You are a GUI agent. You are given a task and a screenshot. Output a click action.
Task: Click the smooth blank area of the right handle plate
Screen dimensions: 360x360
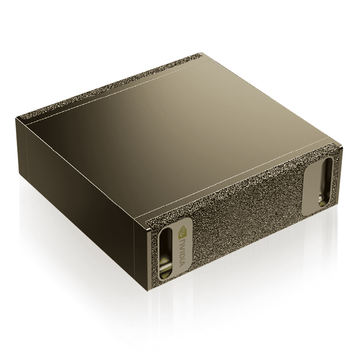click(x=311, y=187)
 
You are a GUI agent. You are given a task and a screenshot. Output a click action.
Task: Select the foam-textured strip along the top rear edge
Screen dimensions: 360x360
click(x=108, y=86)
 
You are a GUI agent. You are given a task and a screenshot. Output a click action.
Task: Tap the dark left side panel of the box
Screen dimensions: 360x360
click(x=83, y=187)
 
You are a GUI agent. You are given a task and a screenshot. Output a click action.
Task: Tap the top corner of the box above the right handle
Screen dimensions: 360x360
click(x=340, y=147)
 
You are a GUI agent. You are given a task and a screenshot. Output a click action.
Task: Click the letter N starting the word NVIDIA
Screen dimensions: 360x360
click(x=182, y=240)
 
